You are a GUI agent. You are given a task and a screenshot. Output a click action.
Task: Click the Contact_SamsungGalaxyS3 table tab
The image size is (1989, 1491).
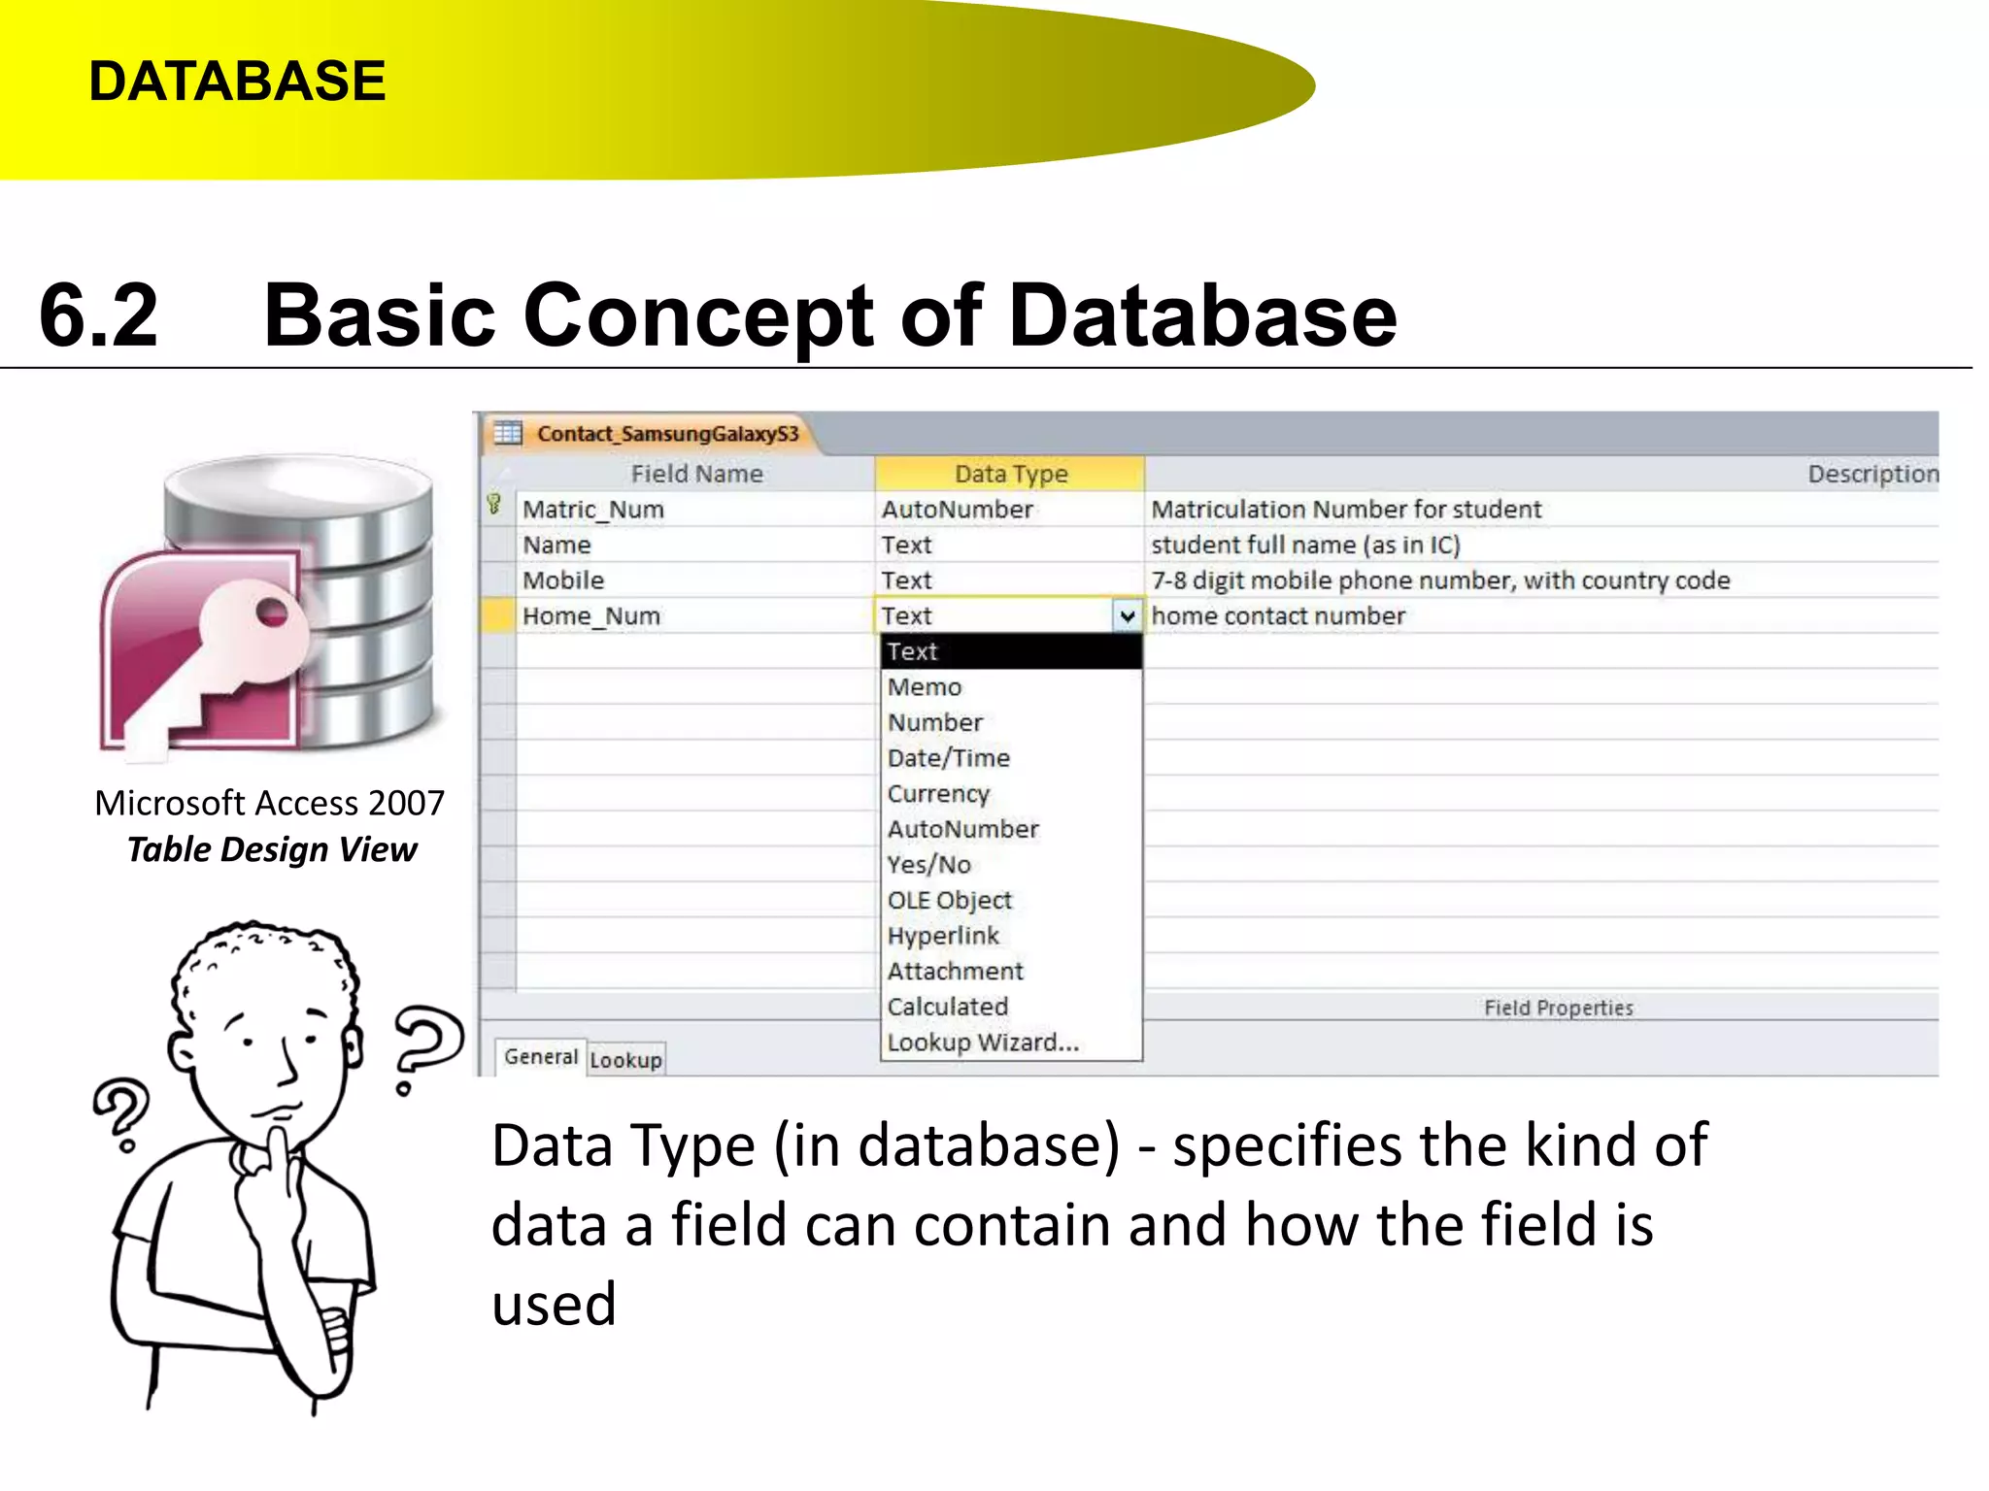coord(666,434)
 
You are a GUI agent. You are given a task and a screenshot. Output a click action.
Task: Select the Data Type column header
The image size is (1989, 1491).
coord(1010,474)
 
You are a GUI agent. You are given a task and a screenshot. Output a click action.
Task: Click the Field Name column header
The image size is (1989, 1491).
coord(696,474)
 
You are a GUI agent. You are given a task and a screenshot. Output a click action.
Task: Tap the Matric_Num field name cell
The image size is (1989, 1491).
coord(593,510)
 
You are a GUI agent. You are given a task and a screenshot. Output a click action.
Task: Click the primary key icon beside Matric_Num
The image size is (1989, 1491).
coord(494,504)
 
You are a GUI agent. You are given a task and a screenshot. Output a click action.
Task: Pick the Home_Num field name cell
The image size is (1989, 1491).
coord(591,616)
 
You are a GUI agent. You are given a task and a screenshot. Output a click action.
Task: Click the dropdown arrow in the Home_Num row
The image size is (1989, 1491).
coord(1127,616)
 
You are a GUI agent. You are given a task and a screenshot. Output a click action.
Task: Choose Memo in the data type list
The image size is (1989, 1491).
coord(925,687)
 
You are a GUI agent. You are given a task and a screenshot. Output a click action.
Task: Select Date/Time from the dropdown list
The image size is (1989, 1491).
coord(949,758)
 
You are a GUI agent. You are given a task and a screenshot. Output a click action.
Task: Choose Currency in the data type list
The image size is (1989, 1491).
coord(938,794)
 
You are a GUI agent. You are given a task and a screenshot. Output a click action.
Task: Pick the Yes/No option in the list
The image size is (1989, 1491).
coord(929,865)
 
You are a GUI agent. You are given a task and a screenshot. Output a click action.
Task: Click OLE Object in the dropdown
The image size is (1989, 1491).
coord(950,901)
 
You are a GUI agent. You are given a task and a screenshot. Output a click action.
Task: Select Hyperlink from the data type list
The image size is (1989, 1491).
coord(943,936)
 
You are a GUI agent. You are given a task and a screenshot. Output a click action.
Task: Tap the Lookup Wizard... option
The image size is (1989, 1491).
coord(983,1043)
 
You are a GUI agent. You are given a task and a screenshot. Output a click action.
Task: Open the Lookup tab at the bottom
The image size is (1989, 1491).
coord(625,1059)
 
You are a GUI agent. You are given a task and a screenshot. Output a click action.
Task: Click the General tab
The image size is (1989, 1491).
coord(541,1056)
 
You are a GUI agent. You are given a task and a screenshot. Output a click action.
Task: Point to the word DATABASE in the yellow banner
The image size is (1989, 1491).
coord(238,81)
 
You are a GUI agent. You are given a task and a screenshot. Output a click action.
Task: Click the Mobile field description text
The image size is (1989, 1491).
coord(1440,580)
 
